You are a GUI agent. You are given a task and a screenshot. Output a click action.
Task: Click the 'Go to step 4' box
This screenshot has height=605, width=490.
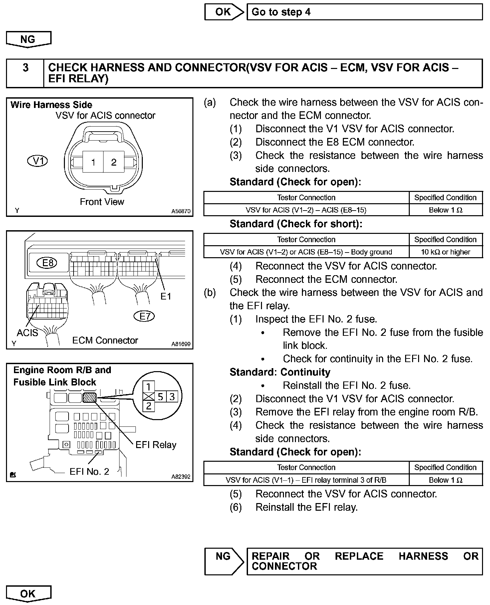click(x=364, y=12)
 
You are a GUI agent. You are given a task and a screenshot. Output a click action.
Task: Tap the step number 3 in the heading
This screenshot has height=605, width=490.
click(x=25, y=68)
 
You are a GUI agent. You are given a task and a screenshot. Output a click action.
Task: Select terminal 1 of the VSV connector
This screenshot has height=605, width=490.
click(x=93, y=162)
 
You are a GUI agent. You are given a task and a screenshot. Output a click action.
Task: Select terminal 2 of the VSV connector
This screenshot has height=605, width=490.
click(x=114, y=162)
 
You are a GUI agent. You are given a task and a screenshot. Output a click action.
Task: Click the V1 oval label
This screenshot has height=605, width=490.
click(x=37, y=161)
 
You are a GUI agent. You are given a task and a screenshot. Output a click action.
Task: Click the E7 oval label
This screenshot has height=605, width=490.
click(x=144, y=316)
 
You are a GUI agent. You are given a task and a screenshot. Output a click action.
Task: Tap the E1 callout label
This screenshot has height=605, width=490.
click(x=165, y=296)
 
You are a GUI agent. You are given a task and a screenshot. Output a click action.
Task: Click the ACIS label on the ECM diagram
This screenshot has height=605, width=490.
click(x=27, y=332)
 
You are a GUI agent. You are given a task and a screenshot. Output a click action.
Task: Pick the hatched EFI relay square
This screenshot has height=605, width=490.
click(x=89, y=397)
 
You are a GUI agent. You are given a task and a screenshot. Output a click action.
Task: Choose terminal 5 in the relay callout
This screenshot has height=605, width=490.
click(x=160, y=396)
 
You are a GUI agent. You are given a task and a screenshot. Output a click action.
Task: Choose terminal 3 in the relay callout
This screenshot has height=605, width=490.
click(x=172, y=396)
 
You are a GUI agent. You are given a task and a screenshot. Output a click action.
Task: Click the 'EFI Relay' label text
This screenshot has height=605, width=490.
click(x=156, y=445)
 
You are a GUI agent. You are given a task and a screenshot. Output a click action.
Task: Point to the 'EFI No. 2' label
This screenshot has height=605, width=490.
click(x=89, y=471)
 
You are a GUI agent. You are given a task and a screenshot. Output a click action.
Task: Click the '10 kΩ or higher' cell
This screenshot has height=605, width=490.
click(x=445, y=252)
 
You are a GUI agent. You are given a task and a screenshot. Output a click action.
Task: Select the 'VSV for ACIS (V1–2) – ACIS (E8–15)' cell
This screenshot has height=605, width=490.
click(x=306, y=210)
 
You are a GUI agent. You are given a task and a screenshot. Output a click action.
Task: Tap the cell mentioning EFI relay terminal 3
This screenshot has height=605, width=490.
click(x=306, y=480)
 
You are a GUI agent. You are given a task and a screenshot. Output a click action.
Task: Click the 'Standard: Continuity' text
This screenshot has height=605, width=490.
click(x=280, y=372)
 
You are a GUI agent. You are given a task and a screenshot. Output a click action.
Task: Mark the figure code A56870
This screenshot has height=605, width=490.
click(x=181, y=211)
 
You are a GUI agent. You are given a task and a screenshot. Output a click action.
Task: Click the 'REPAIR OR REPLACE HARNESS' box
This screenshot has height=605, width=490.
click(x=364, y=561)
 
